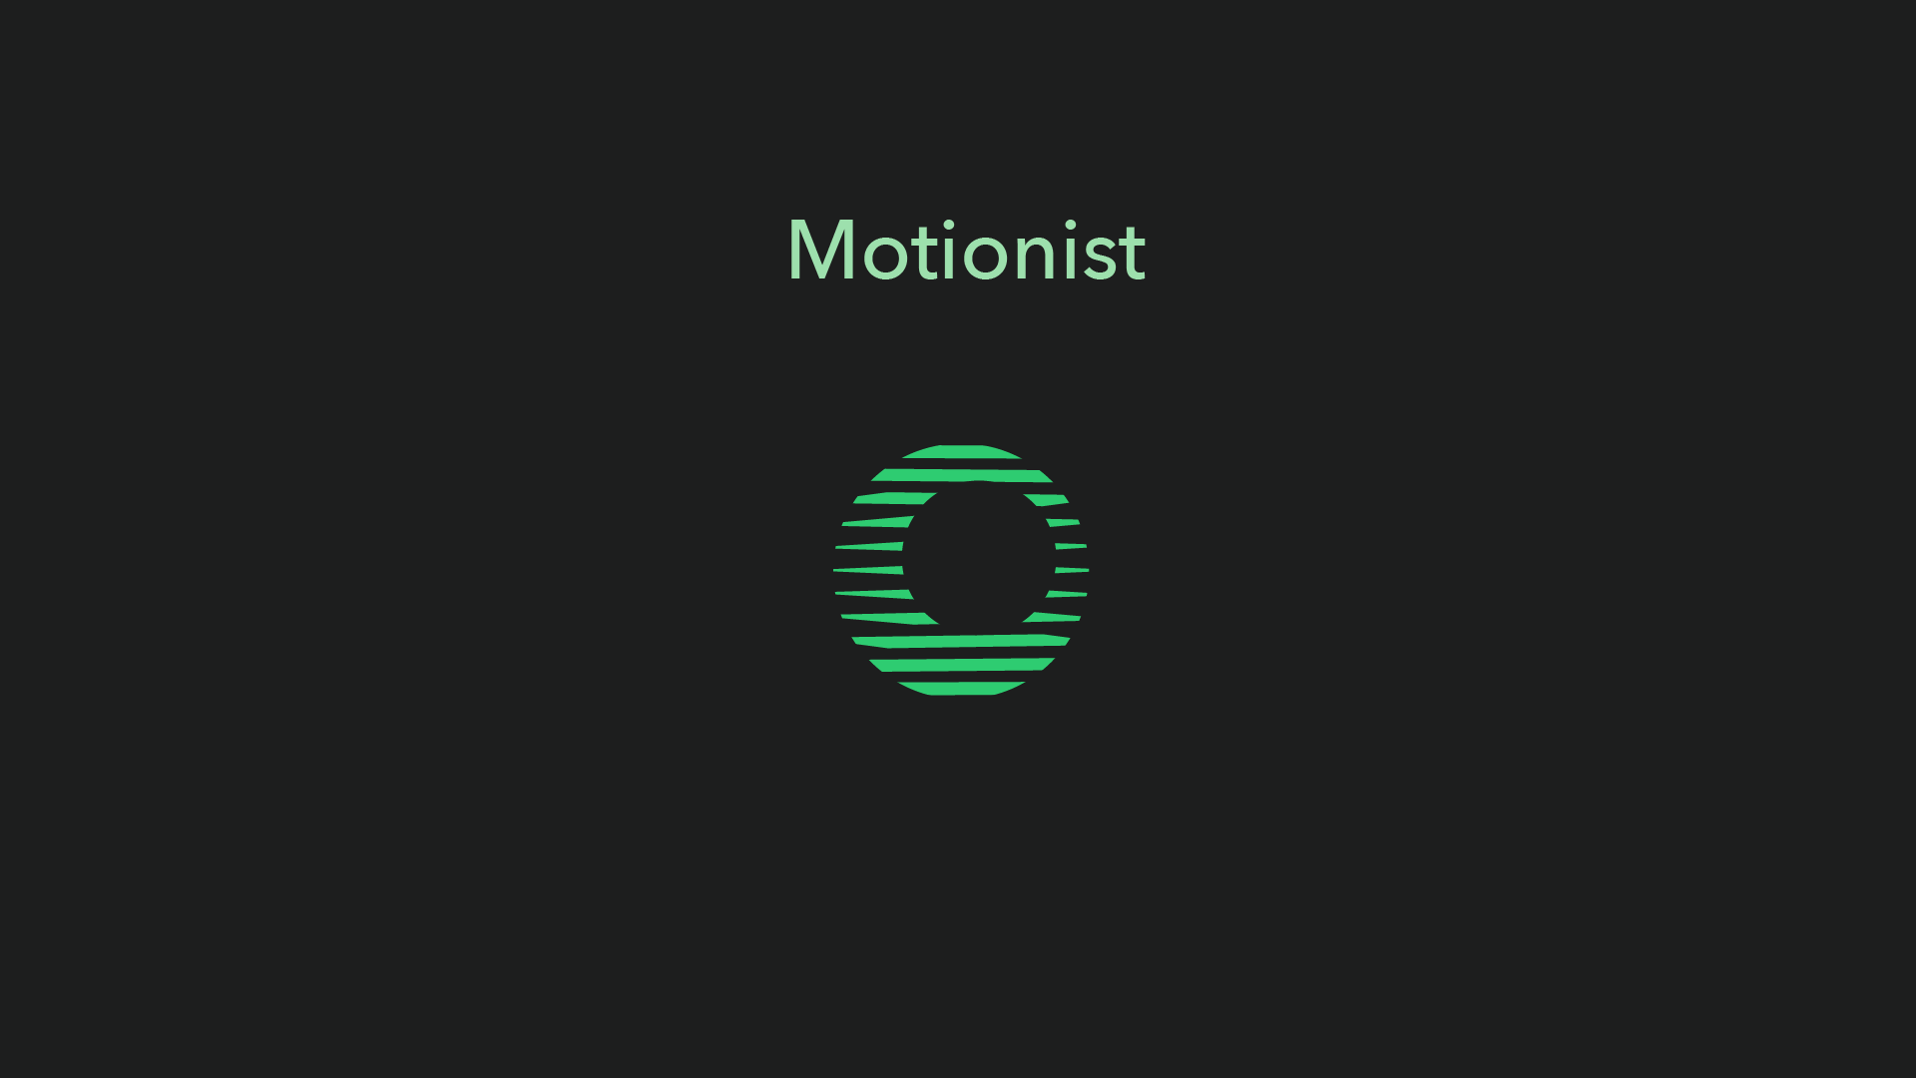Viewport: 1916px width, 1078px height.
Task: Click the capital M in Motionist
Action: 821,250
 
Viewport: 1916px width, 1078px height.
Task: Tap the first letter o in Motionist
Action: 884,257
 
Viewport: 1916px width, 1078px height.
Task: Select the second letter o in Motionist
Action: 992,257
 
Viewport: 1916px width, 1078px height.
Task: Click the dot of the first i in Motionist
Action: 949,224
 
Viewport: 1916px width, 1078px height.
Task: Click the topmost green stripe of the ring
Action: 961,451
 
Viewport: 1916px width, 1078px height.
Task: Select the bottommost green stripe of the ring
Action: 961,689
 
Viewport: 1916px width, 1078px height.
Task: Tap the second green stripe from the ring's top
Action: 961,475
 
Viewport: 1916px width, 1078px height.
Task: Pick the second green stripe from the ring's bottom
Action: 961,665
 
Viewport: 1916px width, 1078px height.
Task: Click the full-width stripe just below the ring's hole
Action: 960,641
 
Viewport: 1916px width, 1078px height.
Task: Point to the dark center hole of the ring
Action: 979,558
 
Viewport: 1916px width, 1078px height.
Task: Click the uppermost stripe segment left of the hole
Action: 894,498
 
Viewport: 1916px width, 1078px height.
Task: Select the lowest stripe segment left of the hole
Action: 888,618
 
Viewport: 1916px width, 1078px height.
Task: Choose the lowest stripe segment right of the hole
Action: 1052,617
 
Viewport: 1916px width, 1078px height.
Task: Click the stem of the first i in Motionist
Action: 949,259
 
